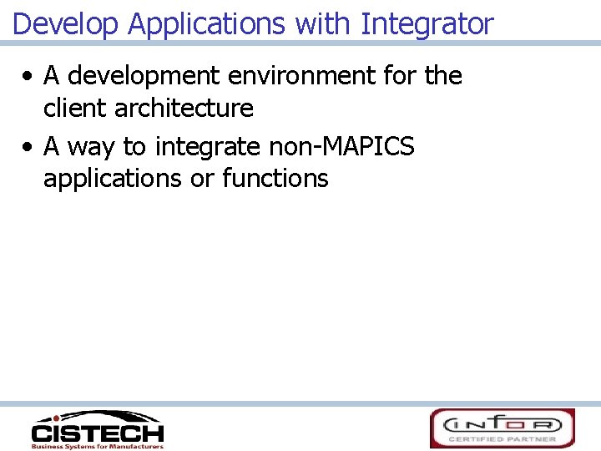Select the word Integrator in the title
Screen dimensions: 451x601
[x=427, y=24]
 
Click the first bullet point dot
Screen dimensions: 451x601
[x=28, y=77]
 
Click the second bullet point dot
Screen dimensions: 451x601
[x=28, y=148]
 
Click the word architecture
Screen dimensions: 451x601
[x=184, y=108]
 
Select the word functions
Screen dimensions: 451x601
[x=275, y=178]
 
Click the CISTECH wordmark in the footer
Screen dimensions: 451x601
[x=98, y=433]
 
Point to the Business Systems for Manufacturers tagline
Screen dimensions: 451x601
[x=98, y=446]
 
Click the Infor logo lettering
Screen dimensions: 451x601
[x=502, y=423]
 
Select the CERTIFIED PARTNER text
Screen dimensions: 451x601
[x=502, y=438]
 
